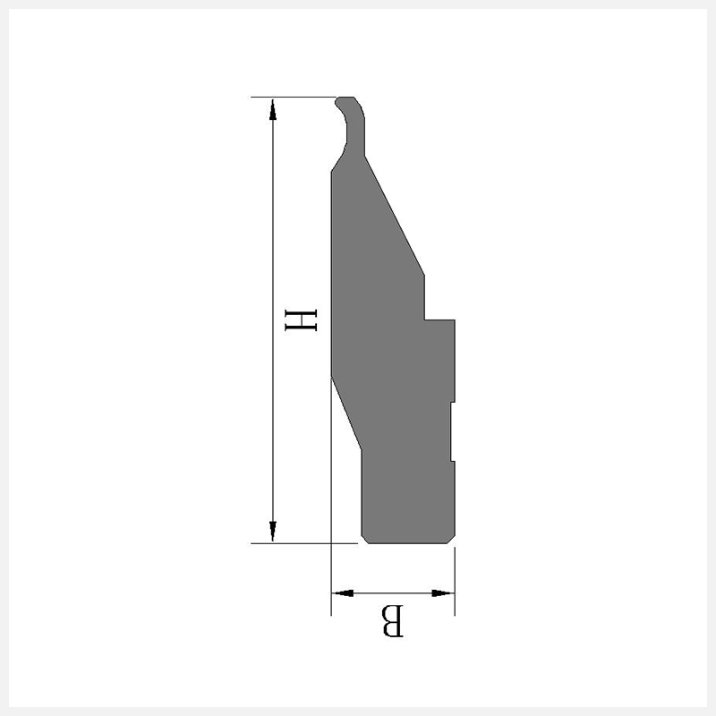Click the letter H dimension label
[x=301, y=320]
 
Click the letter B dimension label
[x=393, y=620]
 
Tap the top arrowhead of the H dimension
[x=273, y=109]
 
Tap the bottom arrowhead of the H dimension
[x=273, y=531]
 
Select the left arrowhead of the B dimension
[x=343, y=593]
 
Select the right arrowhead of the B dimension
[x=443, y=593]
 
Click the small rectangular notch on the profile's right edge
[x=453, y=431]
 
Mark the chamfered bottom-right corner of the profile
[x=451, y=540]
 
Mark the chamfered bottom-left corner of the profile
[x=365, y=540]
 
